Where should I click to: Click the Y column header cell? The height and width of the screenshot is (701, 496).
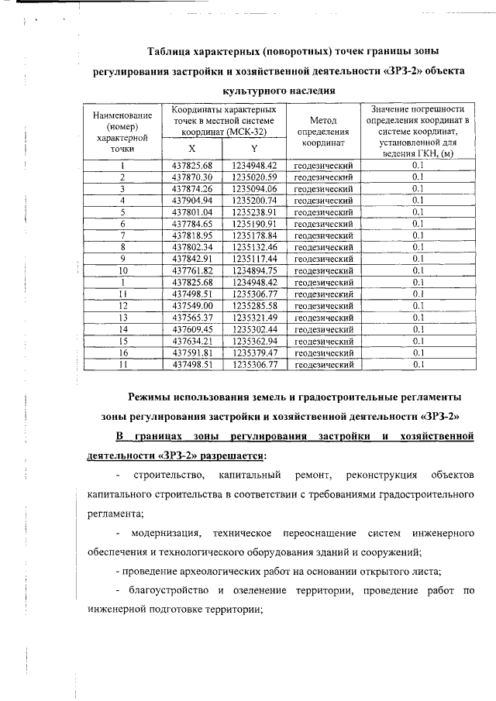(x=254, y=149)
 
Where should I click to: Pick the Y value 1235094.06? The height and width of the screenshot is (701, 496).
(x=254, y=189)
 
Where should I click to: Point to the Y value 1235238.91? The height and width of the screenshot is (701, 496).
(x=254, y=212)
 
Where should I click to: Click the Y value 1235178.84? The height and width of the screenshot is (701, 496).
(x=254, y=235)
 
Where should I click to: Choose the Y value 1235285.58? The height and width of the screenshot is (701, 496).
(x=254, y=305)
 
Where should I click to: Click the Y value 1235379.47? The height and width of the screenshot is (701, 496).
(x=254, y=352)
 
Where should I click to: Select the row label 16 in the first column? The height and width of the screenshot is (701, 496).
(x=122, y=352)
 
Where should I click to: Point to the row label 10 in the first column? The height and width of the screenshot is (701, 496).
(x=122, y=270)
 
